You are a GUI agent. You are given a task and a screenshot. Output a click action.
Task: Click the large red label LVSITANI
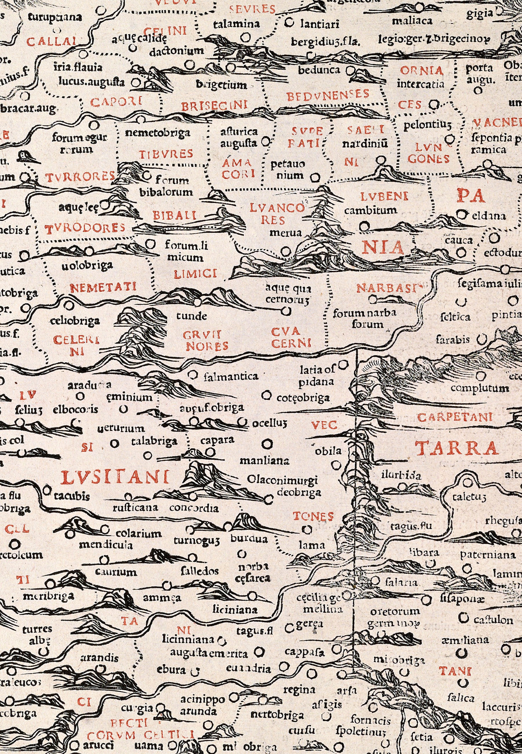115,478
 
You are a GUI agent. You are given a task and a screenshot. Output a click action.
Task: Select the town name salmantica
231,377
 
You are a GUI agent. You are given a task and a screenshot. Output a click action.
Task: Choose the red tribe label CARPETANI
455,417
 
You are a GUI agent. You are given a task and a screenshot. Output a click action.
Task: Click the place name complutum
479,388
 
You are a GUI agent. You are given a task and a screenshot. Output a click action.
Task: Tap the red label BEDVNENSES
328,95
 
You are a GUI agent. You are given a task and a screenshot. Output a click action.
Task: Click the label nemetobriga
158,133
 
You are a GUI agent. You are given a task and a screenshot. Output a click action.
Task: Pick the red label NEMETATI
103,288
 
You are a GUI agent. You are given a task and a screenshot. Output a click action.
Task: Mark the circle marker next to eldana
461,215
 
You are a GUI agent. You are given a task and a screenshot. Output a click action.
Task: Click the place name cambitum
371,210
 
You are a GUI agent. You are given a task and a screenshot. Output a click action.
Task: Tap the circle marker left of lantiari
289,23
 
